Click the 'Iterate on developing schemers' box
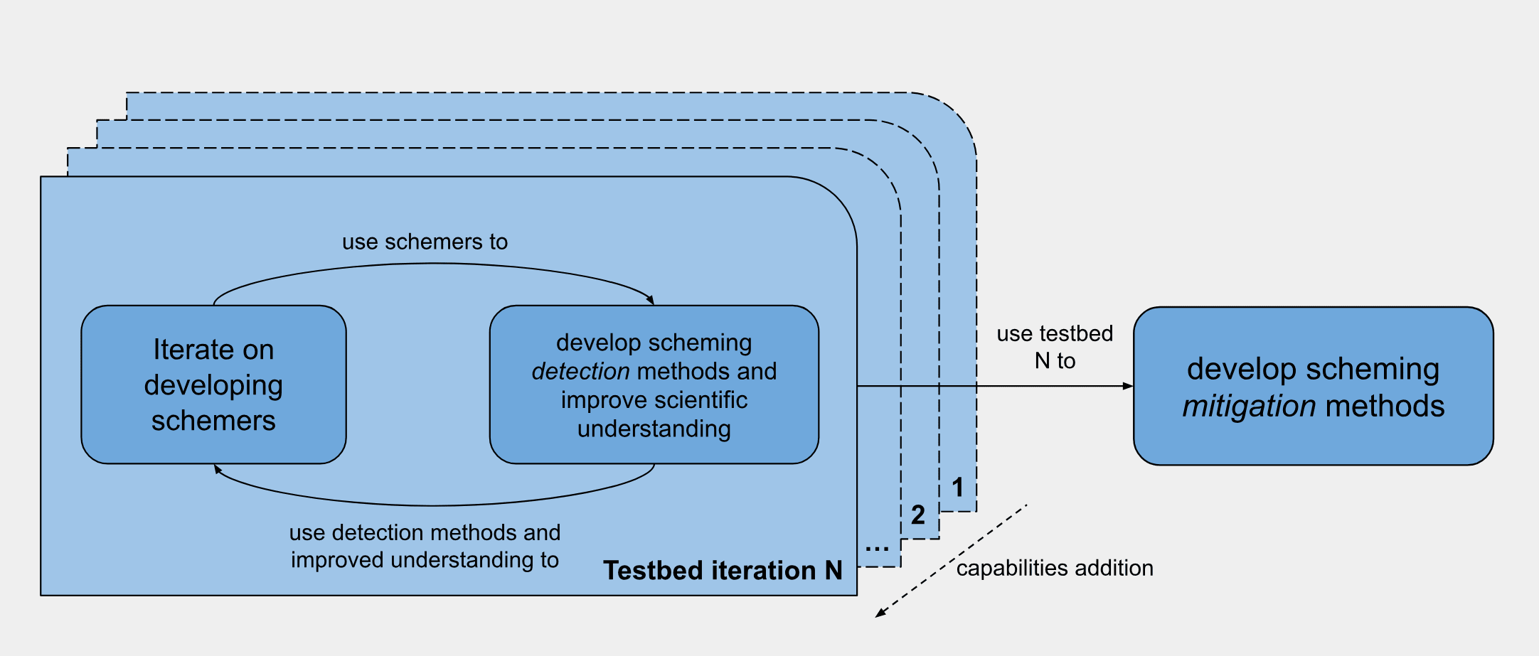click(213, 385)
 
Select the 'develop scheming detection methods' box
click(654, 385)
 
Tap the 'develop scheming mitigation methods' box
click(1313, 386)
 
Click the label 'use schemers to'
click(425, 242)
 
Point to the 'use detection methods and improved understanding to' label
click(425, 546)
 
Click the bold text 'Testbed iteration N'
click(723, 570)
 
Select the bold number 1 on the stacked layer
click(958, 488)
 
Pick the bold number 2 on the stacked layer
click(918, 515)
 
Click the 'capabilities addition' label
click(1055, 568)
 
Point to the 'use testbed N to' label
click(1055, 347)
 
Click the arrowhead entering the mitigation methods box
click(1128, 386)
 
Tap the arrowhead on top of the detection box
click(650, 301)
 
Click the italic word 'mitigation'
click(1249, 406)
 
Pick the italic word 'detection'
click(580, 371)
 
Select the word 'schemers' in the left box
click(213, 421)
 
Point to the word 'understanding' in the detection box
click(654, 429)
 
